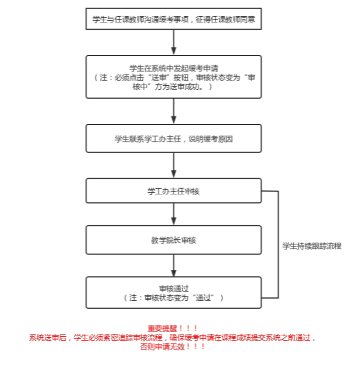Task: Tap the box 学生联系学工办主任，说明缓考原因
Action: [173, 138]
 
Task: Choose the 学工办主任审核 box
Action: [173, 191]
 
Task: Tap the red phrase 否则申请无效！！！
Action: [173, 347]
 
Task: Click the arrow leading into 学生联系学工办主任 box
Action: [174, 110]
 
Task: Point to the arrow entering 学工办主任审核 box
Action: [174, 165]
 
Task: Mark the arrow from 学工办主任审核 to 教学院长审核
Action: [174, 214]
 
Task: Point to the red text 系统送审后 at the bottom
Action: [48, 338]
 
